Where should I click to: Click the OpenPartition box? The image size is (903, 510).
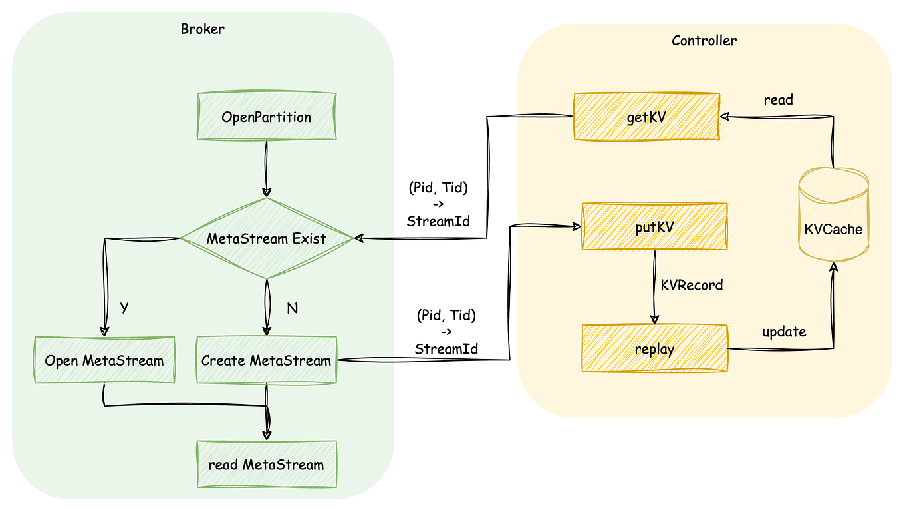coord(266,117)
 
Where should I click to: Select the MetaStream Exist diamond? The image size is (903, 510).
coord(266,238)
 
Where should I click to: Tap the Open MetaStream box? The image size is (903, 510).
coord(104,360)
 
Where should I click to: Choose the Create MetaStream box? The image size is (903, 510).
coord(266,360)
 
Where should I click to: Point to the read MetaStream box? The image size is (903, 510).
coord(266,464)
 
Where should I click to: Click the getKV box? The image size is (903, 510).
coord(646,117)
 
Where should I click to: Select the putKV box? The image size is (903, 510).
coord(654,226)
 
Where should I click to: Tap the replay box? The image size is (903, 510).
coord(654,348)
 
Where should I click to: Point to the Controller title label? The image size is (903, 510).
coord(704,40)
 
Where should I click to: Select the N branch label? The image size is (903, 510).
coord(291,308)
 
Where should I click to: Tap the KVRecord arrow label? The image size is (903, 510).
coord(692,285)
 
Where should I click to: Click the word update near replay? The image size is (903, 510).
coord(784,331)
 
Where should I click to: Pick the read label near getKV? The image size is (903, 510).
coord(778,99)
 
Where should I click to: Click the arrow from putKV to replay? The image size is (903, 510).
coord(654,287)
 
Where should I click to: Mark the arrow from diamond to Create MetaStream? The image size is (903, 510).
coord(266,307)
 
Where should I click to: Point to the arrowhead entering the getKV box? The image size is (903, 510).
coord(725,117)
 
